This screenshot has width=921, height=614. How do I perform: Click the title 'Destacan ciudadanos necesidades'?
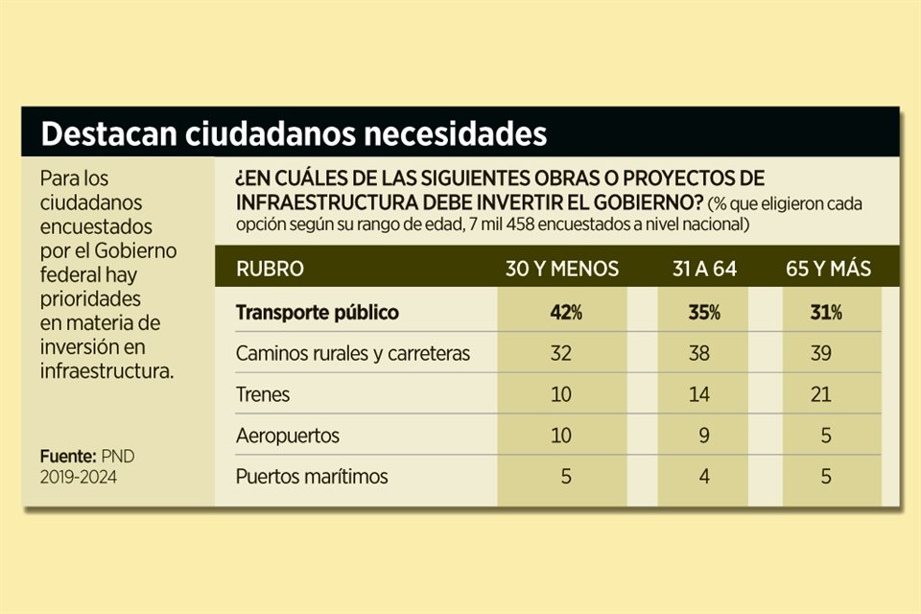click(294, 133)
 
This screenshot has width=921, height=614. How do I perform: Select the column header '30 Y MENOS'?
click(562, 269)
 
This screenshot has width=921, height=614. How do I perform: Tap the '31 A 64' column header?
click(704, 269)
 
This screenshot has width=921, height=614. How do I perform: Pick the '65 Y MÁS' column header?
click(829, 269)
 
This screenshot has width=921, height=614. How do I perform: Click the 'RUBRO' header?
click(270, 269)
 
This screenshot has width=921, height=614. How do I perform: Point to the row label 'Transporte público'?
click(317, 313)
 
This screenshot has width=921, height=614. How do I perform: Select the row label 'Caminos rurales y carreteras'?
click(353, 353)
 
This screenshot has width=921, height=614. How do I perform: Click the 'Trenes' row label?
click(263, 394)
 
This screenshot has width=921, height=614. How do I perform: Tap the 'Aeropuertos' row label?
click(288, 435)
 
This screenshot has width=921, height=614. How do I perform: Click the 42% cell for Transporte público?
click(562, 313)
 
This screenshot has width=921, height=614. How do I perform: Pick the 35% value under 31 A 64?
click(704, 313)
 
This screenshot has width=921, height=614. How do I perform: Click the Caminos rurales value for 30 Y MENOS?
click(562, 353)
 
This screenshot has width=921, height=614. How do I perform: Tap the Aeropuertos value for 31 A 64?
click(704, 435)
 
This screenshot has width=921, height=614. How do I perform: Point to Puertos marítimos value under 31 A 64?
click(704, 476)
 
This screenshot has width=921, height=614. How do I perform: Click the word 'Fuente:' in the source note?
click(68, 457)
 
